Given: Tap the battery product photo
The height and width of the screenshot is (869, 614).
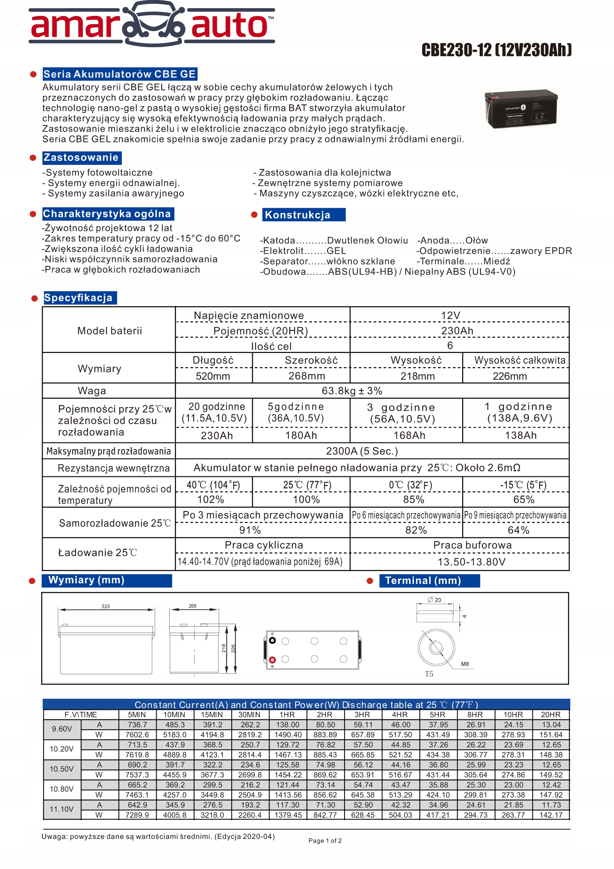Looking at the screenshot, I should point(521,108).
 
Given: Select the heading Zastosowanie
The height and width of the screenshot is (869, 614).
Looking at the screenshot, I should point(81,158).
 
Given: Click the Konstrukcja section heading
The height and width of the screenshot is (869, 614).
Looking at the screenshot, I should point(298,215).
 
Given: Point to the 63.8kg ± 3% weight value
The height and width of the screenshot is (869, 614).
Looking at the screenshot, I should point(352,390).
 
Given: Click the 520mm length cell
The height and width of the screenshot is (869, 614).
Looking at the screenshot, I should point(213,376).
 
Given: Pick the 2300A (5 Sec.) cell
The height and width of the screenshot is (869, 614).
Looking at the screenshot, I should point(362,451).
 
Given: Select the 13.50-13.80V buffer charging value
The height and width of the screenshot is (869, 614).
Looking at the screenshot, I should point(471,562).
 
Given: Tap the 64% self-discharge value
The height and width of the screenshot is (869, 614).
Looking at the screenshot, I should point(518,530).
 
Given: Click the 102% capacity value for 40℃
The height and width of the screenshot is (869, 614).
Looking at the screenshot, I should point(210,500).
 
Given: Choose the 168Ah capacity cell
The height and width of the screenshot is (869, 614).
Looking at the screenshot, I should point(409,435).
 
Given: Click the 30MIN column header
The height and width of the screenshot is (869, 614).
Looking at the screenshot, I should point(249,714).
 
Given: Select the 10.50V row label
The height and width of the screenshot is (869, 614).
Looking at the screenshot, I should point(62,769).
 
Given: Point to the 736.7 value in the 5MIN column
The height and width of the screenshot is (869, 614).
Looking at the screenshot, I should point(137,725).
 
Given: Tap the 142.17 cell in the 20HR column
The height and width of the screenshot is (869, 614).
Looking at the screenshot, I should point(551,815).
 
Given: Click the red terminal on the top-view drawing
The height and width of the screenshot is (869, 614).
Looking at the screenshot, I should point(272,660).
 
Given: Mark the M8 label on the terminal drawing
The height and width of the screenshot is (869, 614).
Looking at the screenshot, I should point(465,664).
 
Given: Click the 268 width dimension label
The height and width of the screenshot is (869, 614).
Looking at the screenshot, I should point(192,606).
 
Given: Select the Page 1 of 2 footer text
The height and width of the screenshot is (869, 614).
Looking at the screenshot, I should point(325,841).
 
